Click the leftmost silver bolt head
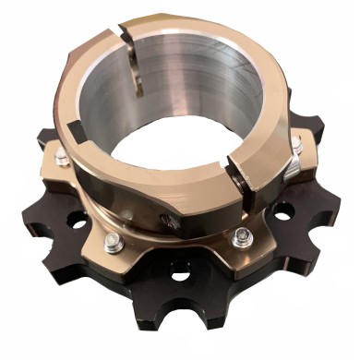[x=61, y=158]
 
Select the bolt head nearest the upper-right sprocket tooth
[x=296, y=144]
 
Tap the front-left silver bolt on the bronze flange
[x=113, y=244]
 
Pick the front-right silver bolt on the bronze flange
[x=242, y=235]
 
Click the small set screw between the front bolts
[x=172, y=221]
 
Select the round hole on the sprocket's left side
[x=77, y=222]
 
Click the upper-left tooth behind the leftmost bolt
[x=46, y=138]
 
